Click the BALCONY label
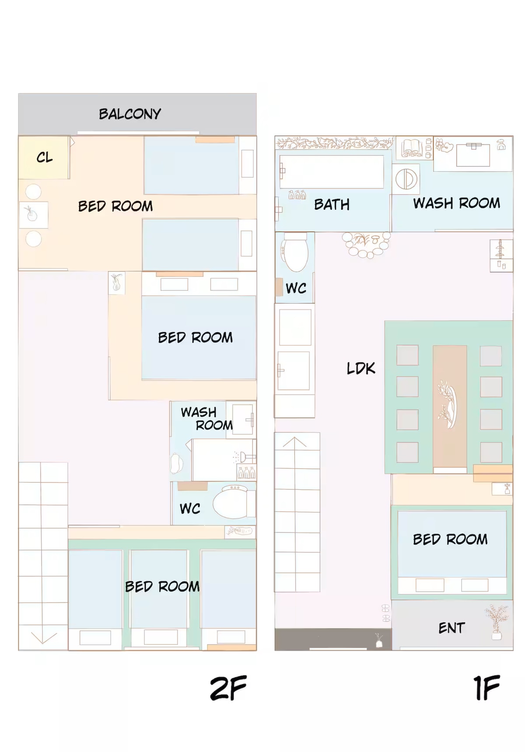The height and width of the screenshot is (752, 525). click(130, 114)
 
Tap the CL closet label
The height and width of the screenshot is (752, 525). click(45, 157)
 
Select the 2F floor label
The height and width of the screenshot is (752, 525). click(228, 688)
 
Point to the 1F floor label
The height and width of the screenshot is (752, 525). click(486, 688)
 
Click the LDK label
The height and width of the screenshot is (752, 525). click(361, 369)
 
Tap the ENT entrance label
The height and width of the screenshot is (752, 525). click(451, 628)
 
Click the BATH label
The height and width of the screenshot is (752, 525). click(332, 204)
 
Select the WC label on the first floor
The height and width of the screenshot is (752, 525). click(296, 288)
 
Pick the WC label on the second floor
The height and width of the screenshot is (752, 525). click(190, 509)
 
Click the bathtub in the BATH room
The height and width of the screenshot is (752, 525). click(331, 172)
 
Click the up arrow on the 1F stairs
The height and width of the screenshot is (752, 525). click(295, 442)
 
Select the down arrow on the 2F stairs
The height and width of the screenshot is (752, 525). click(43, 638)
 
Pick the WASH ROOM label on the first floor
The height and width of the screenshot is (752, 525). click(456, 203)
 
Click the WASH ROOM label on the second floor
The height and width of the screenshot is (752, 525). click(206, 418)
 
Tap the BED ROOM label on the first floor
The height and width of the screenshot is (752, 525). click(450, 539)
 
